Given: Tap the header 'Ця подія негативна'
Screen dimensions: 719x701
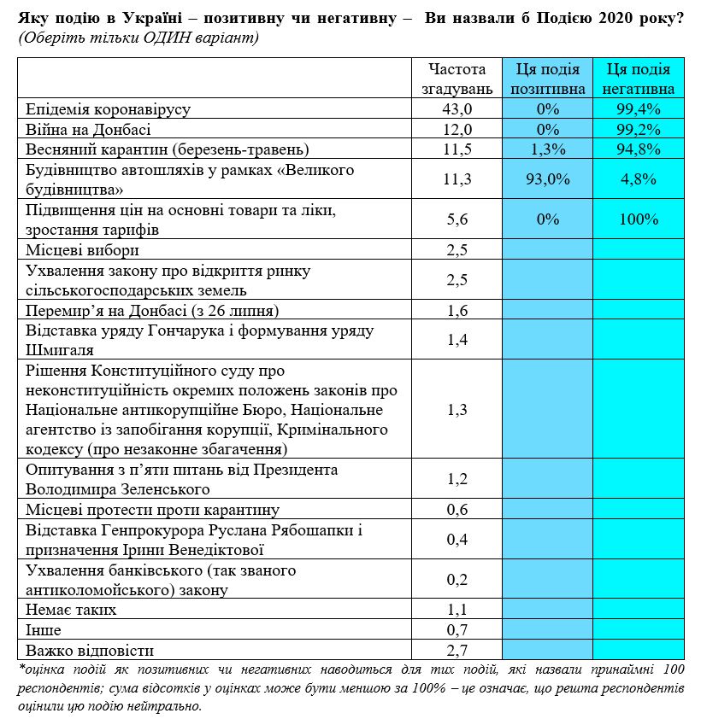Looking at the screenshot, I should (638, 79).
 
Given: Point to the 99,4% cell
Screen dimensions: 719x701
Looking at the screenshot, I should (638, 109).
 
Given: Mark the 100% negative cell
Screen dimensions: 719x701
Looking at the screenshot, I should (638, 219).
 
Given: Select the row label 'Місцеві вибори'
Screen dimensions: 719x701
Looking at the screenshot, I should (82, 250).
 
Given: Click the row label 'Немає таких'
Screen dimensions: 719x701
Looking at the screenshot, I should (71, 610).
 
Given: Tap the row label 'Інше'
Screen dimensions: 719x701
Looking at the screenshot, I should (44, 630).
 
